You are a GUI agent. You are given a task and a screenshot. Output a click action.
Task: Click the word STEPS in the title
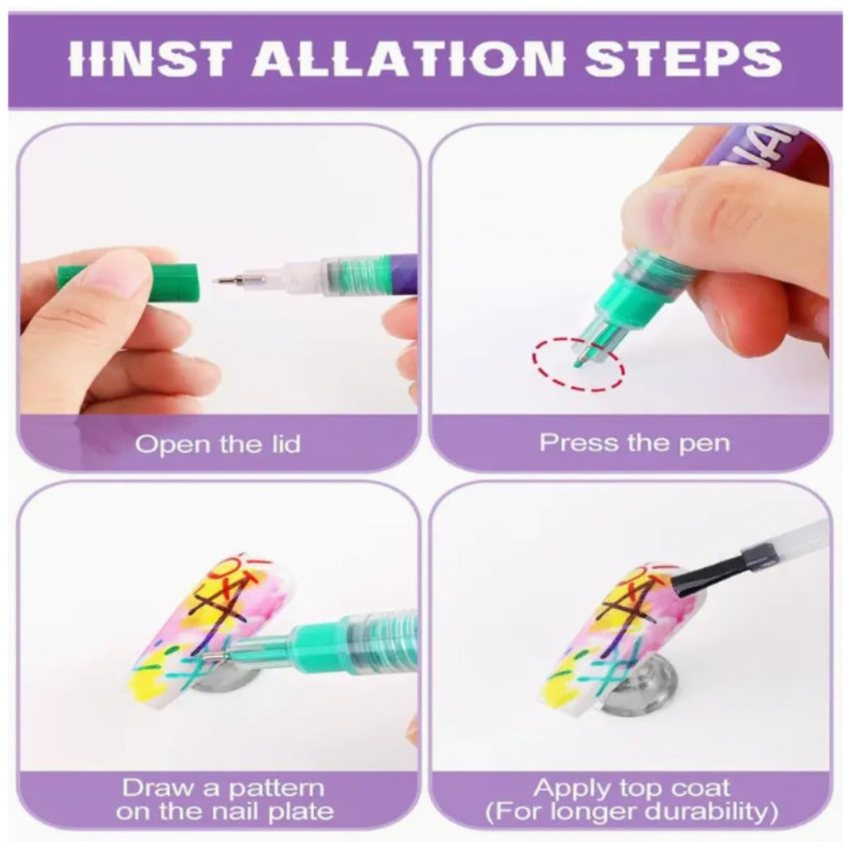[684, 58]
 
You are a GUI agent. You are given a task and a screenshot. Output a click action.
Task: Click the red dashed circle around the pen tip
[578, 363]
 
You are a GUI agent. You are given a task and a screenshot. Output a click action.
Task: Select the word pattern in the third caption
[276, 789]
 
